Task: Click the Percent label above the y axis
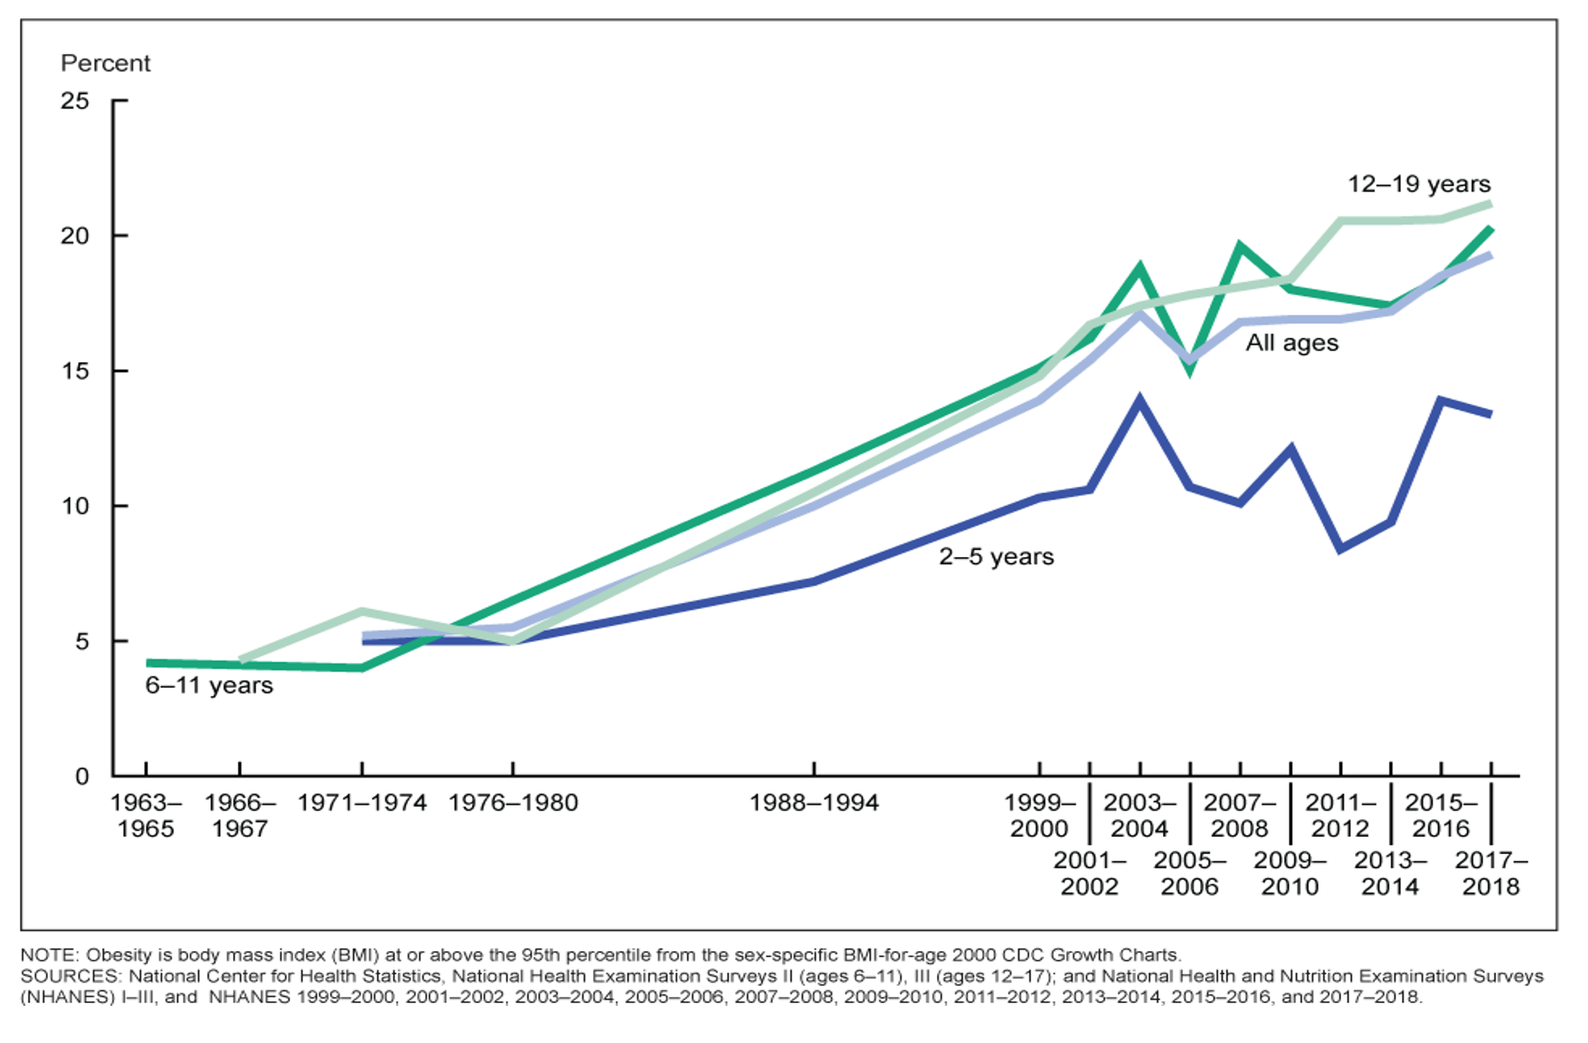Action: click(105, 63)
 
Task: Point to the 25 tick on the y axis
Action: click(75, 100)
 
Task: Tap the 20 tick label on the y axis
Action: click(75, 236)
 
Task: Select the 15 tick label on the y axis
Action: click(75, 371)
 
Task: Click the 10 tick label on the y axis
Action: click(75, 506)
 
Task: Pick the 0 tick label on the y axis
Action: click(82, 776)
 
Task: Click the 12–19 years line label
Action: click(1419, 184)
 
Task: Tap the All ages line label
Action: click(1292, 343)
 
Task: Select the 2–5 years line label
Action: click(997, 556)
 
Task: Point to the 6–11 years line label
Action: click(209, 685)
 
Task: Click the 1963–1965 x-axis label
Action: click(145, 816)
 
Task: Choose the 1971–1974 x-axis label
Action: click(362, 803)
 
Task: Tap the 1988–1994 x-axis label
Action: click(814, 803)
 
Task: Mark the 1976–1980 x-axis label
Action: click(513, 803)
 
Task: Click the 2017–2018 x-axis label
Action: click(1491, 873)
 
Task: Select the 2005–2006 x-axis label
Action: click(1190, 873)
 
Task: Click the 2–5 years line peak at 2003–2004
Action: click(1139, 399)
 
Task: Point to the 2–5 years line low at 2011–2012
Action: click(1340, 549)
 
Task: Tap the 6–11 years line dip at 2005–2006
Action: click(1191, 371)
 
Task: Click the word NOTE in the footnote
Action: click(48, 955)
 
